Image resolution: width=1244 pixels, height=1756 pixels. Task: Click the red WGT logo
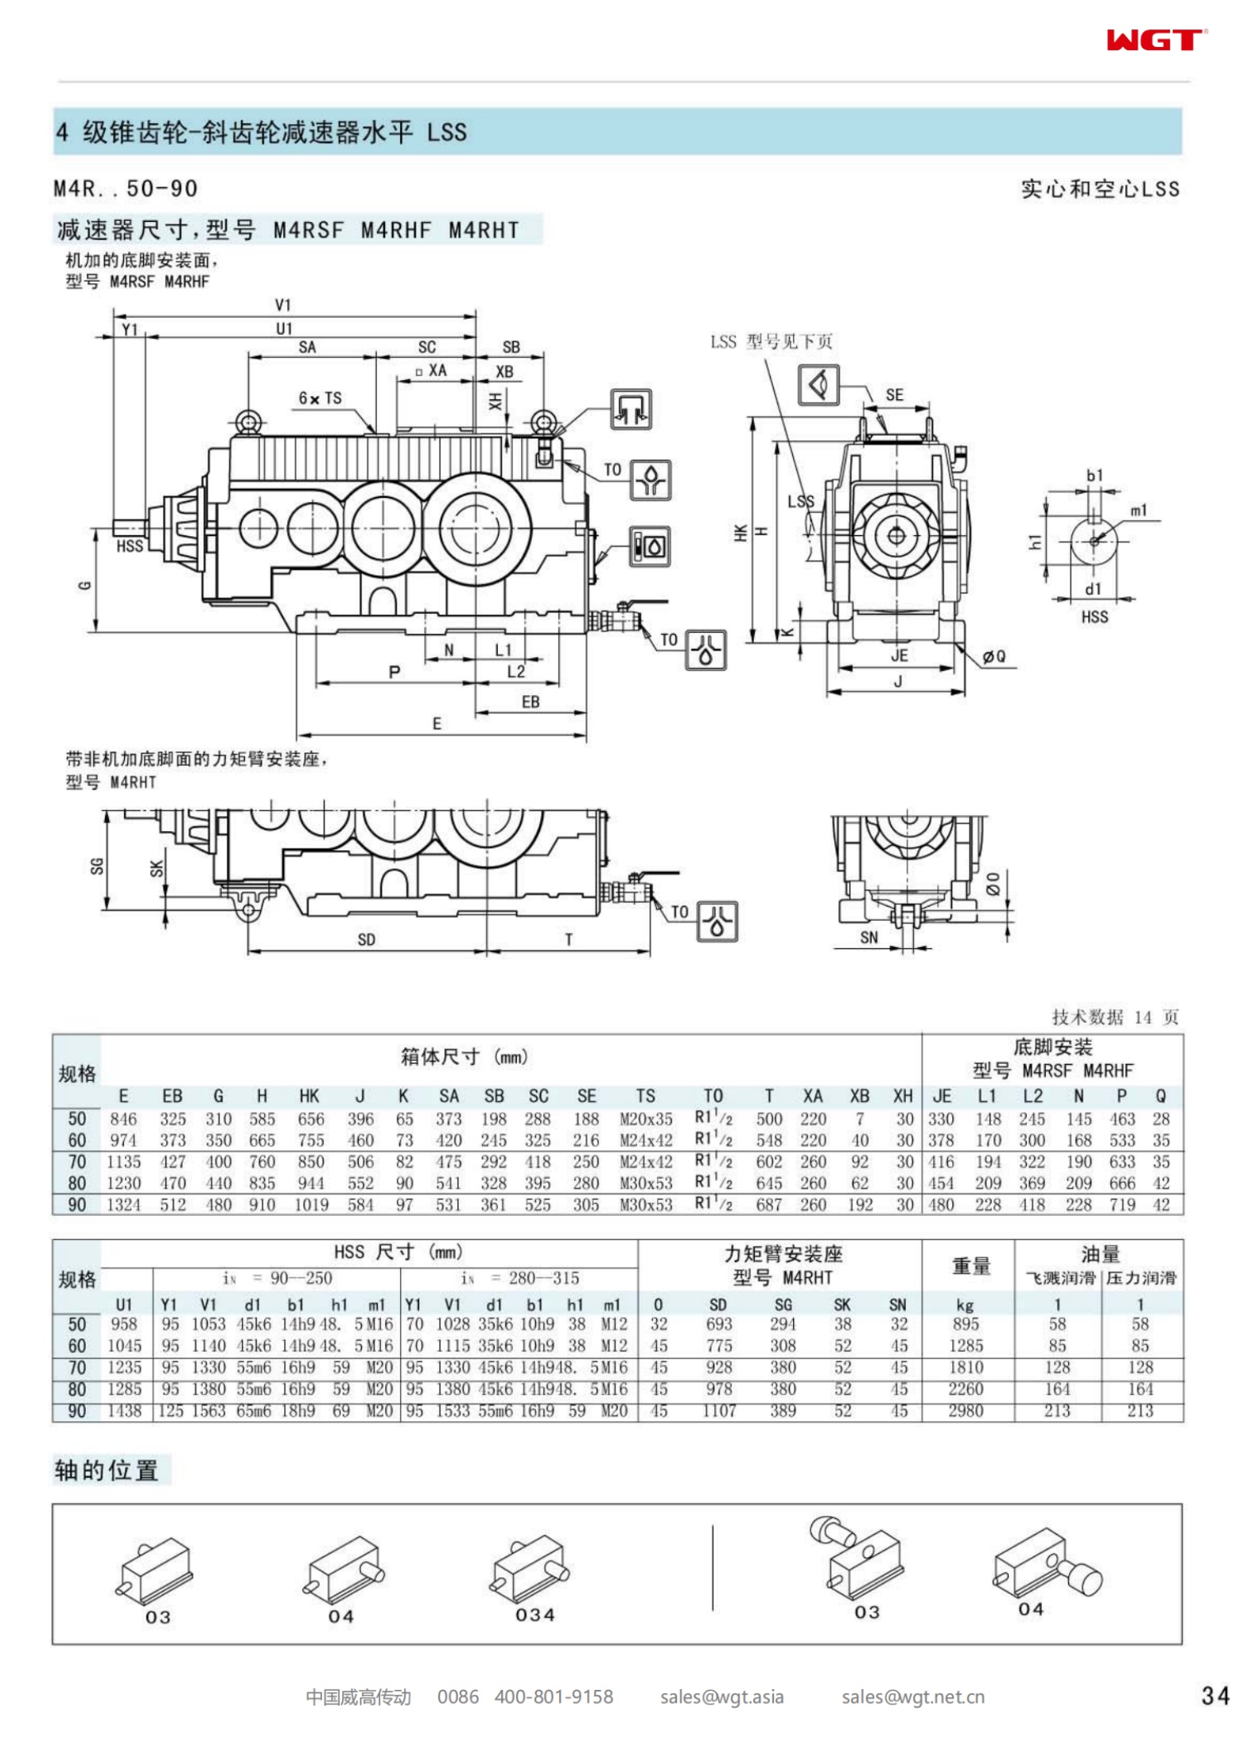pyautogui.click(x=1155, y=40)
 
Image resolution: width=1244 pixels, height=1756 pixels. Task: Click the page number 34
pyautogui.click(x=1215, y=1696)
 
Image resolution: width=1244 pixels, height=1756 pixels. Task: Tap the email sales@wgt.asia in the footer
pyautogui.click(x=721, y=1696)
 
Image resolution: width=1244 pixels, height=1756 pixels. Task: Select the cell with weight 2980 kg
pyautogui.click(x=966, y=1411)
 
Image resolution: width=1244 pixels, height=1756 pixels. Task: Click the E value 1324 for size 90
pyautogui.click(x=123, y=1205)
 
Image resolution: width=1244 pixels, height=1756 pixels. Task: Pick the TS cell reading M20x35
pyautogui.click(x=645, y=1119)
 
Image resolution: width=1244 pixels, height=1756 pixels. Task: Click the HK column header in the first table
pyautogui.click(x=309, y=1096)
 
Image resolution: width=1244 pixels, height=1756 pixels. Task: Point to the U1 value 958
pyautogui.click(x=124, y=1324)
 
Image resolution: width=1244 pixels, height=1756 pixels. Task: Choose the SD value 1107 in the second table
pyautogui.click(x=718, y=1411)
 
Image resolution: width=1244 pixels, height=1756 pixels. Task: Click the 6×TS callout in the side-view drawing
pyautogui.click(x=320, y=398)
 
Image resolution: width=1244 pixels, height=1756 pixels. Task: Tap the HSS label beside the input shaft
pyautogui.click(x=130, y=546)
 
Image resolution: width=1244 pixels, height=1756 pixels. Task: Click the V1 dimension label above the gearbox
pyautogui.click(x=283, y=305)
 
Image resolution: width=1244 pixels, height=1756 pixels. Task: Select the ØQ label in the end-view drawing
pyautogui.click(x=993, y=656)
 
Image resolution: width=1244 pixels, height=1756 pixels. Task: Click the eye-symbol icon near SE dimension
pyautogui.click(x=818, y=385)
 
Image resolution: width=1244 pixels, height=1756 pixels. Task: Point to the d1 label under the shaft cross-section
pyautogui.click(x=1094, y=589)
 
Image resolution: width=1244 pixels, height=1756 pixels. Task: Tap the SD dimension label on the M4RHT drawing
pyautogui.click(x=366, y=940)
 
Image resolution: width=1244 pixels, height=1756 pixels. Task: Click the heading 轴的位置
pyautogui.click(x=106, y=1470)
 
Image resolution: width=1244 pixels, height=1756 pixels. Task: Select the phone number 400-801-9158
pyautogui.click(x=554, y=1696)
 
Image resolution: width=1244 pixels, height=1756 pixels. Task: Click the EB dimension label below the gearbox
pyautogui.click(x=531, y=701)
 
